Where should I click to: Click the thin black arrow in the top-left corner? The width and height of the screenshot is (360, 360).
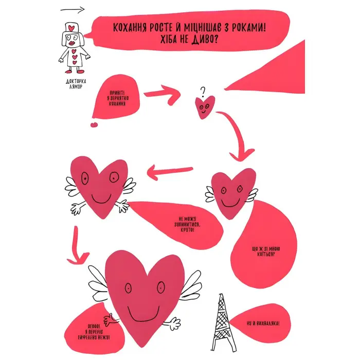tap(73, 10)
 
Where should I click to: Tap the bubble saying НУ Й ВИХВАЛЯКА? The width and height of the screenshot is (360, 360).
tap(263, 323)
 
